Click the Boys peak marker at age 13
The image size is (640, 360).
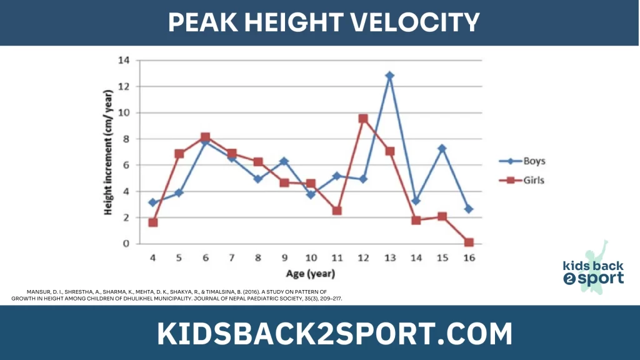[x=390, y=76]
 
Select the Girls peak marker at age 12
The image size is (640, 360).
[x=363, y=118]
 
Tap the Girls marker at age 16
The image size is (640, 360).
[x=469, y=242]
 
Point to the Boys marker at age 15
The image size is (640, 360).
[x=442, y=149]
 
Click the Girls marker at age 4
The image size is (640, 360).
[x=153, y=222]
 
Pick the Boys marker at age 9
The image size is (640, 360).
[x=284, y=161]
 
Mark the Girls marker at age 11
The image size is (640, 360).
[x=337, y=211]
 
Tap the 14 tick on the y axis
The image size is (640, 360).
[x=123, y=61]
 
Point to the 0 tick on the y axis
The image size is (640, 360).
[x=126, y=244]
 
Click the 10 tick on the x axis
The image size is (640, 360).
[x=311, y=257]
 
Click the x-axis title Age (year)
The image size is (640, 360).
[x=311, y=273]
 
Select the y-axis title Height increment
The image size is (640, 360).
[x=109, y=152]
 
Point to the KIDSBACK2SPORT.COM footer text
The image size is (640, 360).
[x=335, y=334]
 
